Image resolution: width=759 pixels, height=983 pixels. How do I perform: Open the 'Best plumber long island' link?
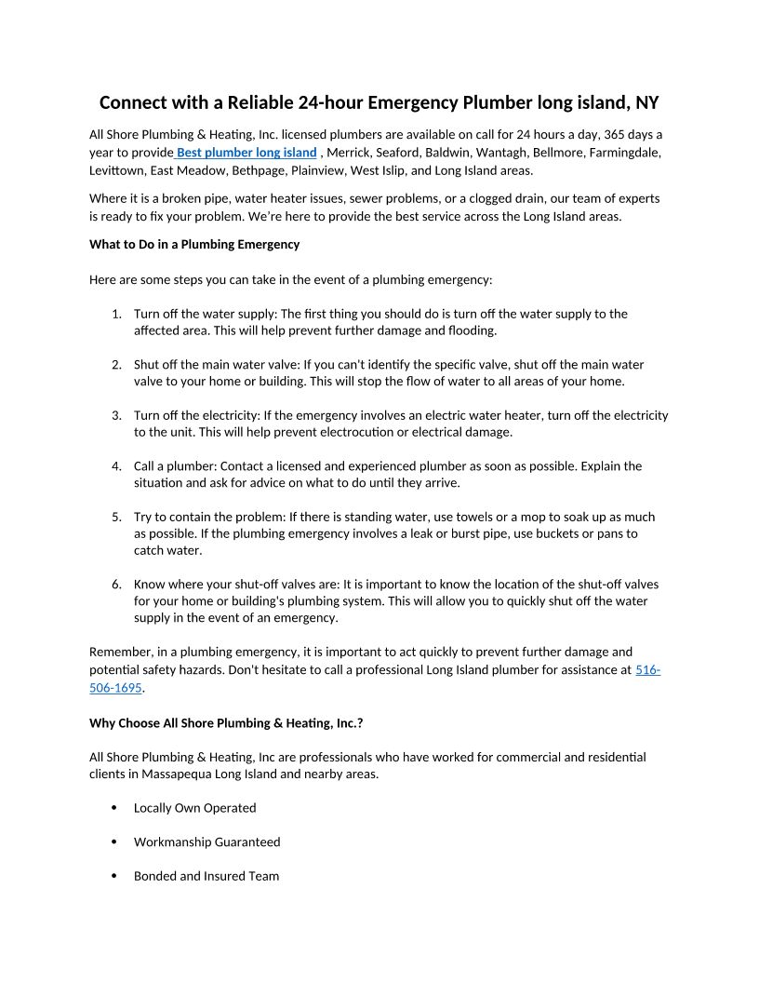pos(246,153)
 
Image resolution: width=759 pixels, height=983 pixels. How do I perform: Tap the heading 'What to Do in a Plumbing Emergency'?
pos(194,245)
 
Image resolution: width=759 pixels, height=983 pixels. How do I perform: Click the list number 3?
pos(116,416)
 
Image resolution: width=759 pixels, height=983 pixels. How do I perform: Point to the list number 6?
pos(116,585)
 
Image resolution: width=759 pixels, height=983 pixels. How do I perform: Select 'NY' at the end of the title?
pos(646,101)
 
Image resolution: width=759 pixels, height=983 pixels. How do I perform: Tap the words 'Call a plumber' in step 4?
pos(175,466)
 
